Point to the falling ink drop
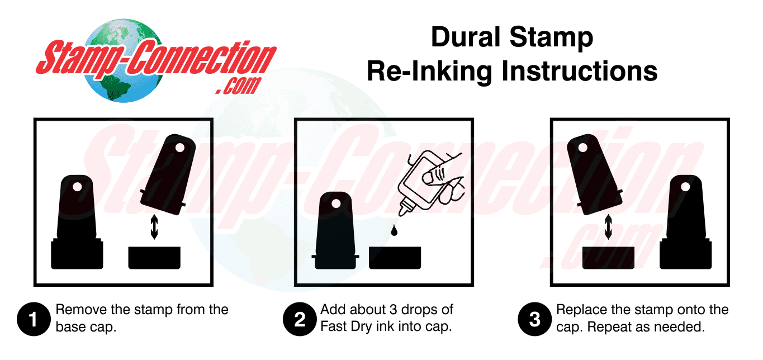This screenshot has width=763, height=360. click(x=395, y=230)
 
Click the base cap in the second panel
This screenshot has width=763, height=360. click(x=395, y=258)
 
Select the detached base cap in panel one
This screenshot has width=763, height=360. click(x=154, y=258)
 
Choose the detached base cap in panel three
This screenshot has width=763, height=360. click(x=608, y=258)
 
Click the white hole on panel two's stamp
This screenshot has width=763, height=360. click(x=336, y=205)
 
